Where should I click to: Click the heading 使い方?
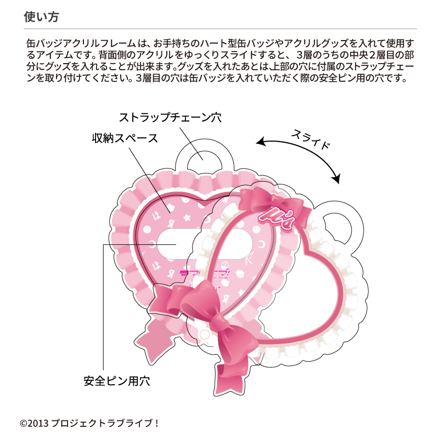41,17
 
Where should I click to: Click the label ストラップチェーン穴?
170,117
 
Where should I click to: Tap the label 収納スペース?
125,138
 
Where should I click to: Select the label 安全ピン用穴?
117,381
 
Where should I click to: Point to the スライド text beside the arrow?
311,139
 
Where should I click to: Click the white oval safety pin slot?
204,244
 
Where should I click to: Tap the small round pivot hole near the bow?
204,334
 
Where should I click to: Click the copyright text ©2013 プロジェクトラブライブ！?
89,423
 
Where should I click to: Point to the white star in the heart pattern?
186,217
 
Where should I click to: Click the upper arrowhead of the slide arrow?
261,141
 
